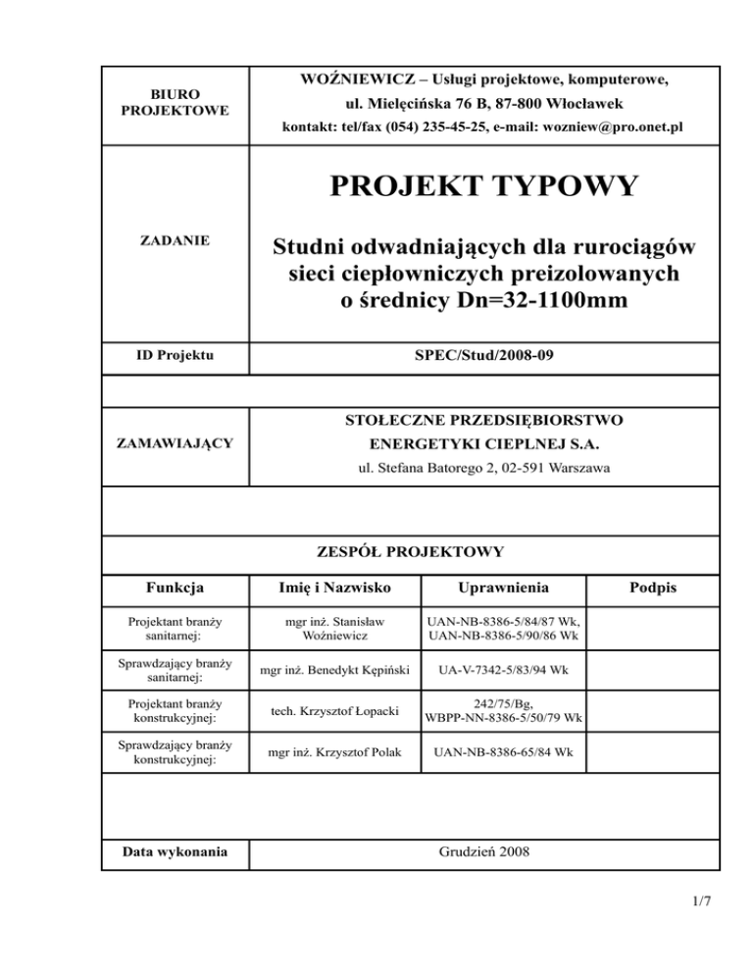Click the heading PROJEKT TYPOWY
[x=485, y=185]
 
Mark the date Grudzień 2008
[x=485, y=852]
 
